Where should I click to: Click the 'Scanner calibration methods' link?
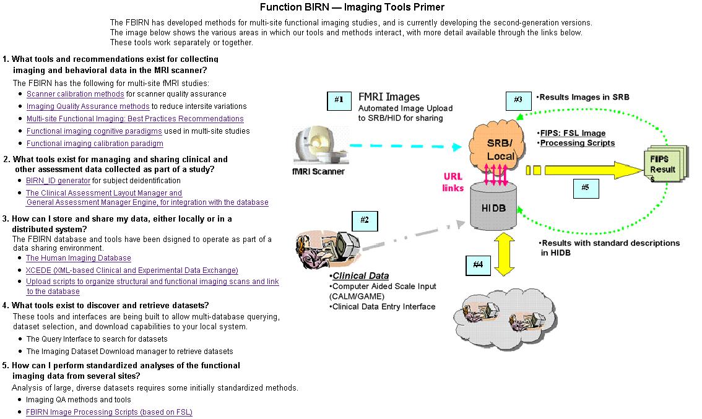(76, 94)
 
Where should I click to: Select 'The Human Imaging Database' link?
(79, 258)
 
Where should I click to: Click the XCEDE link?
(132, 270)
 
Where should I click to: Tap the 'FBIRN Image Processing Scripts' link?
(109, 412)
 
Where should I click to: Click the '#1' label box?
(338, 100)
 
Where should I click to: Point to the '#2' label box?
(364, 220)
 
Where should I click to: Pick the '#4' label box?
(478, 266)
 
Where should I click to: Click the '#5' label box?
(585, 188)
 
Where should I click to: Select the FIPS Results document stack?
(664, 164)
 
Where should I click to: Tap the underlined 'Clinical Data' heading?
(360, 276)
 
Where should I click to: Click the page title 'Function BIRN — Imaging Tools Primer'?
(351, 7)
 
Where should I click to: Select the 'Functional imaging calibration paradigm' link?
(95, 144)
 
